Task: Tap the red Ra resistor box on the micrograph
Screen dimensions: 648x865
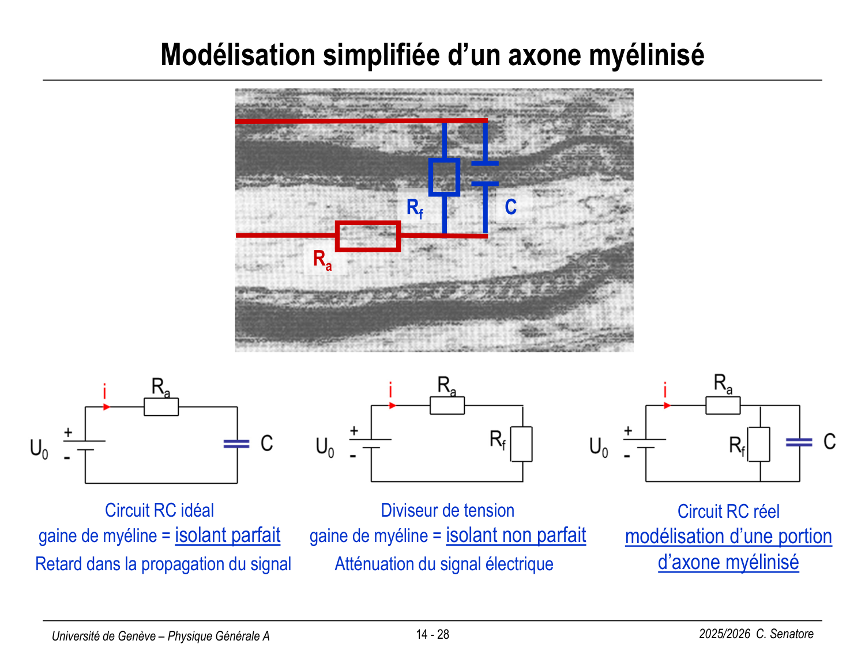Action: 368,236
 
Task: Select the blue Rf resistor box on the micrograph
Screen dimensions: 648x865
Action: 444,177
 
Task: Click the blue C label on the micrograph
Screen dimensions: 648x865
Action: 511,207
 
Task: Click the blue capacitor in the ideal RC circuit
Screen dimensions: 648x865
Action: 236,444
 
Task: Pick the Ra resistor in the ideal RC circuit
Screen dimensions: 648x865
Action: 161,407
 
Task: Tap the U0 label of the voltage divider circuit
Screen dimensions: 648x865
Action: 325,447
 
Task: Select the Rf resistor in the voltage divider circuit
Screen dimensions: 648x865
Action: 521,444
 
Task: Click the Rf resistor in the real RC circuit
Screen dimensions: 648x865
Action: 759,444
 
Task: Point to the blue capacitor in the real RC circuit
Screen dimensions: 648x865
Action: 799,442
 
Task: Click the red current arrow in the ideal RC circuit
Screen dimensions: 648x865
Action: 106,407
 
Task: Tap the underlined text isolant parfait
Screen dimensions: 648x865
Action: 227,536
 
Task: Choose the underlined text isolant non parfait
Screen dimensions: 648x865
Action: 516,536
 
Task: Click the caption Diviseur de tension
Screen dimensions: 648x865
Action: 447,510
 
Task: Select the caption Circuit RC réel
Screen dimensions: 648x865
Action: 728,511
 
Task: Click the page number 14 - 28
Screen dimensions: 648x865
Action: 432,635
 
